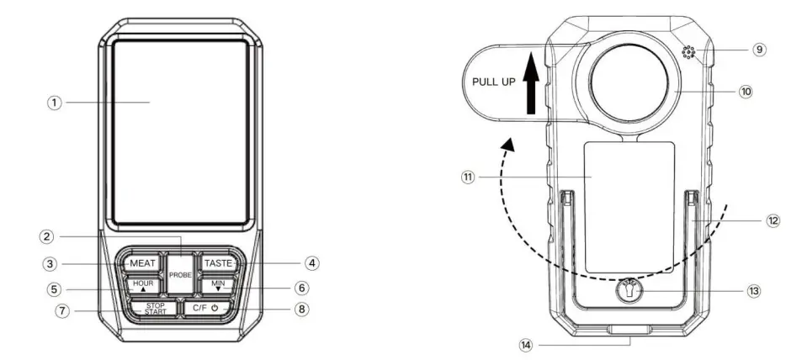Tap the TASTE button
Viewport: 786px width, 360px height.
[217, 263]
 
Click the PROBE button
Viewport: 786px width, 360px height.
[179, 275]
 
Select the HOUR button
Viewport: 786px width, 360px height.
[142, 285]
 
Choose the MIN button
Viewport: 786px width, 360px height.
[217, 286]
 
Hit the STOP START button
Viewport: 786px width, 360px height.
[154, 308]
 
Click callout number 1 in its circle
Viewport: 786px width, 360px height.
[55, 103]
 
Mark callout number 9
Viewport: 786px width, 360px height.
[759, 50]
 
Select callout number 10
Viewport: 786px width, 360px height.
[746, 91]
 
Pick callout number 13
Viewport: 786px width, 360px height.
[752, 290]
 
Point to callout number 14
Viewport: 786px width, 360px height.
[525, 344]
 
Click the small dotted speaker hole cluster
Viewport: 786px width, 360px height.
[690, 54]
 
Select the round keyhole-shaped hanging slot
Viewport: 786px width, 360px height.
[631, 291]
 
